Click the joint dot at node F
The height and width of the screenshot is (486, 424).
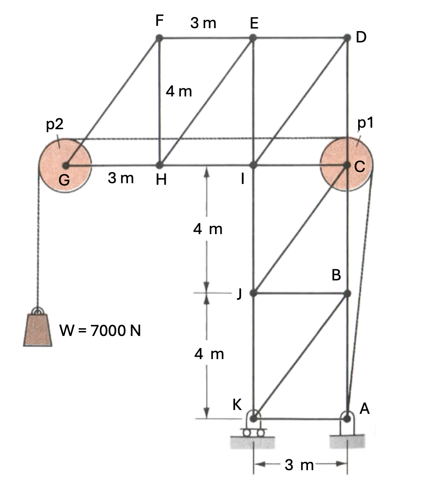point(159,38)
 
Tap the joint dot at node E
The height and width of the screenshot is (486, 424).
point(253,38)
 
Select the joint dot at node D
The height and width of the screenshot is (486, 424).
point(347,38)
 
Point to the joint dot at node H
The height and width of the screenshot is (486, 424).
point(159,165)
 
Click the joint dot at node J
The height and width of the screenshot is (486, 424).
point(253,293)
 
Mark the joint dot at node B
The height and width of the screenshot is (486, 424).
point(347,294)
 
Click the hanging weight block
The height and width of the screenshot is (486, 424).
point(37,329)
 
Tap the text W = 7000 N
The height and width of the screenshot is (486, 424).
point(100,331)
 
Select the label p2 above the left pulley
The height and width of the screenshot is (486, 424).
point(54,124)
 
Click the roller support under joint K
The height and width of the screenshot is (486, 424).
point(253,428)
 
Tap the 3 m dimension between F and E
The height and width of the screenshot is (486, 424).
point(203,24)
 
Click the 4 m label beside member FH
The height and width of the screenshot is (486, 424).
point(179,91)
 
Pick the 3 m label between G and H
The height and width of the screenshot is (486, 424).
point(121,178)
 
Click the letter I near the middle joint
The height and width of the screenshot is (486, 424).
point(242,179)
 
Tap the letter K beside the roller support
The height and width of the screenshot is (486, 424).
point(237,405)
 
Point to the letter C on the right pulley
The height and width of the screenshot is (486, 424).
point(360,167)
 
